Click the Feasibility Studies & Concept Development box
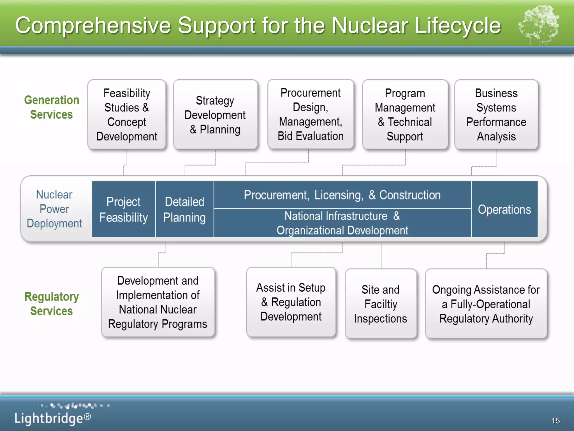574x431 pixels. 127,114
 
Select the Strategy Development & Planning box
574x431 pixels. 215,114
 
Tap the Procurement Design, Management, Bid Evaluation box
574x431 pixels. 311,114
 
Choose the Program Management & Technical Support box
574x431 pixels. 405,114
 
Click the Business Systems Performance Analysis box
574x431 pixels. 496,114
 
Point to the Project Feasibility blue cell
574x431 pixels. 124,209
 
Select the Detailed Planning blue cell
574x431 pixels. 184,209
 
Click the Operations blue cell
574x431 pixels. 504,209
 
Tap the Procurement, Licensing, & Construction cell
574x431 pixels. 342,195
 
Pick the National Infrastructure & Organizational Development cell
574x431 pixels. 342,223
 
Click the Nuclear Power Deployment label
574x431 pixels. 54,209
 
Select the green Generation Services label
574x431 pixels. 52,107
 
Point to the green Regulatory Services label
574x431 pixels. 52,304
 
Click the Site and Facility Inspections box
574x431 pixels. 381,304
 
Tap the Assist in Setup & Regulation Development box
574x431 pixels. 291,302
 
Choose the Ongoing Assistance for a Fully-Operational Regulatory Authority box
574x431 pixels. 486,304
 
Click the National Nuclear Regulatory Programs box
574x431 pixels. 158,302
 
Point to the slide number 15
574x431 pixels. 555,420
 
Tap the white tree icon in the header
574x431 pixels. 539,25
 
